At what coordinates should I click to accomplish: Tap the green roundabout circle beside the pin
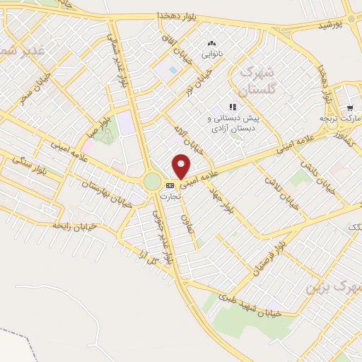tap(152, 182)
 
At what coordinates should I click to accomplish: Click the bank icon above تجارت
tap(169, 185)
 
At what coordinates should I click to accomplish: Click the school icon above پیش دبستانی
tap(233, 107)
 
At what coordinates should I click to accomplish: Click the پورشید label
tap(330, 25)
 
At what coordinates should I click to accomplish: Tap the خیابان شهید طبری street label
tap(255, 308)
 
